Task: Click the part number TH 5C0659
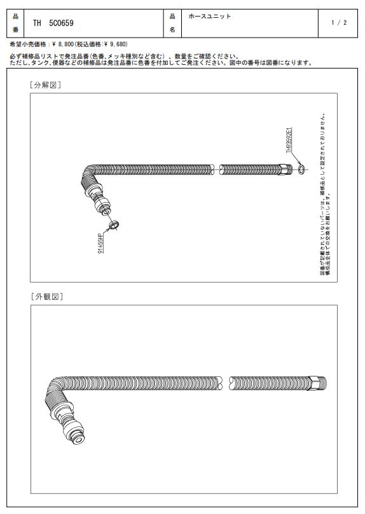pyautogui.click(x=53, y=24)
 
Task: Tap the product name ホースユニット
pyautogui.click(x=210, y=17)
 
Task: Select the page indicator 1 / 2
pyautogui.click(x=339, y=23)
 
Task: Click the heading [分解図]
pyautogui.click(x=46, y=85)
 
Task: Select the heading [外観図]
pyautogui.click(x=47, y=297)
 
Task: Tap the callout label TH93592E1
pyautogui.click(x=289, y=140)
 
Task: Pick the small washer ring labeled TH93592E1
pyautogui.click(x=301, y=169)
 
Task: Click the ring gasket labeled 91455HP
pyautogui.click(x=114, y=226)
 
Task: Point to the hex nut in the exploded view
pyautogui.click(x=284, y=169)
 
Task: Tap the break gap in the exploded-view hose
pyautogui.click(x=217, y=170)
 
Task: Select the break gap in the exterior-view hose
pyautogui.click(x=225, y=383)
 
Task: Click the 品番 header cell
pyautogui.click(x=15, y=24)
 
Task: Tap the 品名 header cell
pyautogui.click(x=172, y=24)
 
